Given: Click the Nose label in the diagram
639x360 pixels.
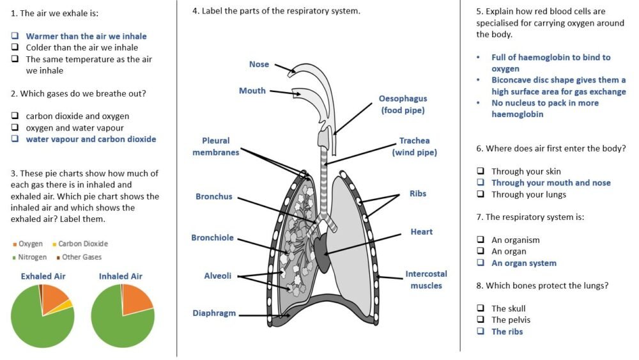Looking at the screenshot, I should (x=259, y=64).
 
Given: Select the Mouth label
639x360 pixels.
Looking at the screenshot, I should (x=252, y=91).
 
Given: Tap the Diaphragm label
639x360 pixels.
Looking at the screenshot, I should (x=214, y=313).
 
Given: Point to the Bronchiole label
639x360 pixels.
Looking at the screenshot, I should (x=212, y=238).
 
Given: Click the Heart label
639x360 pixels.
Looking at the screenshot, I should (x=421, y=231).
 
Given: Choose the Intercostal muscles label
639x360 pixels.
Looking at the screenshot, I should (x=426, y=279).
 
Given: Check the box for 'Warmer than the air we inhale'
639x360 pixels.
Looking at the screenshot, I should (x=15, y=36).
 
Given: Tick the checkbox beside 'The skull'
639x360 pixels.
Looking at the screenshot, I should (x=480, y=309).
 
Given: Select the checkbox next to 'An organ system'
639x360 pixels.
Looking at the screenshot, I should (x=480, y=263).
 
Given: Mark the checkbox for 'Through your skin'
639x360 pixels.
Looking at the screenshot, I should (x=480, y=171).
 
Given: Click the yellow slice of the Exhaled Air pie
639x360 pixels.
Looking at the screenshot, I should (x=66, y=305).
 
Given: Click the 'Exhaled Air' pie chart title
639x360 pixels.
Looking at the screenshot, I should (x=43, y=276).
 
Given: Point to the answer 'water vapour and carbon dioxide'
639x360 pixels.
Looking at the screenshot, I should (x=91, y=139).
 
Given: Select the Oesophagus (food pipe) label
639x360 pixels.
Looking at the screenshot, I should (x=403, y=104).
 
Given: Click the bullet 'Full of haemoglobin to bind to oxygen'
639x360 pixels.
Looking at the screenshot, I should (x=551, y=63).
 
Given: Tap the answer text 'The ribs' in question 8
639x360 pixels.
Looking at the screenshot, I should (x=507, y=331).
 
